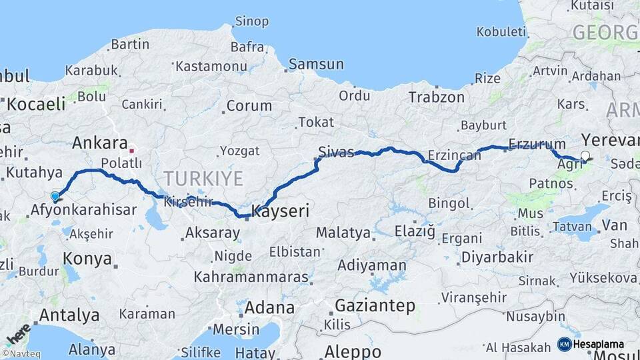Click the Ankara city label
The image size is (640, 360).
[x=99, y=143]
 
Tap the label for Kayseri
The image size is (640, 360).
[x=281, y=211]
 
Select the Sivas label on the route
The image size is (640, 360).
[x=336, y=151]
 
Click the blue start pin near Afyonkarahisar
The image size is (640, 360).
[x=55, y=197]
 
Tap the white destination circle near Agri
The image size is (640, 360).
[x=585, y=156]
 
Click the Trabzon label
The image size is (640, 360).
[x=437, y=97]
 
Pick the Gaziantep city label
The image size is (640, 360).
[x=375, y=306]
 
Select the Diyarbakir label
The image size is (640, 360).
[x=497, y=257]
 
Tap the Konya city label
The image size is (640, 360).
[x=87, y=259]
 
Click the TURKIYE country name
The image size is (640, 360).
[x=204, y=178]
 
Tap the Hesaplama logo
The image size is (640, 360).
[x=591, y=344]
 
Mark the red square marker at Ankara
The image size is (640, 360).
[x=132, y=149]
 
